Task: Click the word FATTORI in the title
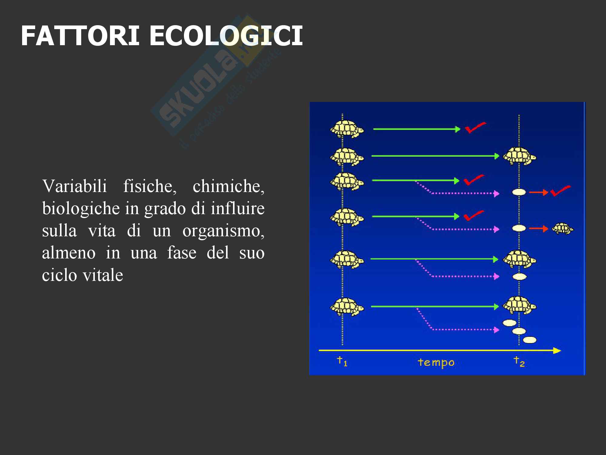click(80, 36)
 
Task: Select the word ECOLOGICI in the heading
click(226, 36)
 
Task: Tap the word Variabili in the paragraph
click(75, 186)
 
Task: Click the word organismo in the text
click(223, 231)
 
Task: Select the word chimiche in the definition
click(228, 186)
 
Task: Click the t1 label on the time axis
click(342, 361)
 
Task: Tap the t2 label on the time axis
click(519, 361)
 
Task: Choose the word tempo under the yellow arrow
click(436, 362)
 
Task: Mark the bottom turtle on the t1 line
click(347, 307)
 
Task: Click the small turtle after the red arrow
click(563, 229)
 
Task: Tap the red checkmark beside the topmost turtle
click(475, 127)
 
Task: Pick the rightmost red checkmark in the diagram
click(560, 191)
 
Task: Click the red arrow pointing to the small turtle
click(539, 229)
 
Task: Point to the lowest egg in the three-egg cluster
click(530, 340)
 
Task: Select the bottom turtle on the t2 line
click(519, 306)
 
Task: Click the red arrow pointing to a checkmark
click(539, 192)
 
